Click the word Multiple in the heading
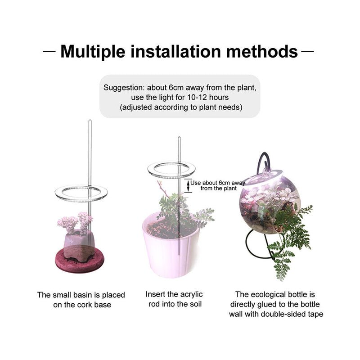pos(93,52)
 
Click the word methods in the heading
pos(262,51)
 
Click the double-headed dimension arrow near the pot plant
pos(188,186)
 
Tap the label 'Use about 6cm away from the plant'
pos(218,186)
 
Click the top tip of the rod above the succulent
pos(90,120)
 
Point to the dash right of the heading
pos(307,51)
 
